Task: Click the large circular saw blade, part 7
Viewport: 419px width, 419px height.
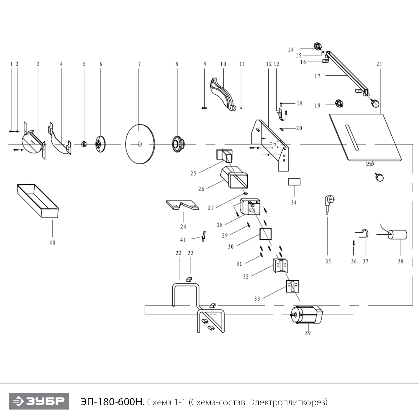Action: pyautogui.click(x=140, y=144)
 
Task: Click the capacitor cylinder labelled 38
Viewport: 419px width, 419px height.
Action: pyautogui.click(x=398, y=235)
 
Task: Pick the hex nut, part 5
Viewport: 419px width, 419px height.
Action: pyautogui.click(x=83, y=144)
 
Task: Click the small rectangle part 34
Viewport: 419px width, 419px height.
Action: pyautogui.click(x=294, y=182)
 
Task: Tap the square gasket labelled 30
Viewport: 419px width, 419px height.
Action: pyautogui.click(x=265, y=234)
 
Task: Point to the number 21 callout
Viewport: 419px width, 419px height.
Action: pyautogui.click(x=379, y=64)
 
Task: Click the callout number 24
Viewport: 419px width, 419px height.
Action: pyautogui.click(x=183, y=227)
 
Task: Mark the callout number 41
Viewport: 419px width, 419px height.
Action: pyautogui.click(x=183, y=240)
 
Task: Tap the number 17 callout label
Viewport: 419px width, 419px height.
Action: pyautogui.click(x=317, y=76)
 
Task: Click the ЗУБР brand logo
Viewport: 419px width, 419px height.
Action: pyautogui.click(x=39, y=401)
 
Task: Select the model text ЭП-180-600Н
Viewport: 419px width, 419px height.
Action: pyautogui.click(x=112, y=402)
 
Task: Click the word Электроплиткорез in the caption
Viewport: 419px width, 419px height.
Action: pyautogui.click(x=288, y=402)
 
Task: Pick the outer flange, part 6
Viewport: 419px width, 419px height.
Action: pyautogui.click(x=98, y=144)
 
